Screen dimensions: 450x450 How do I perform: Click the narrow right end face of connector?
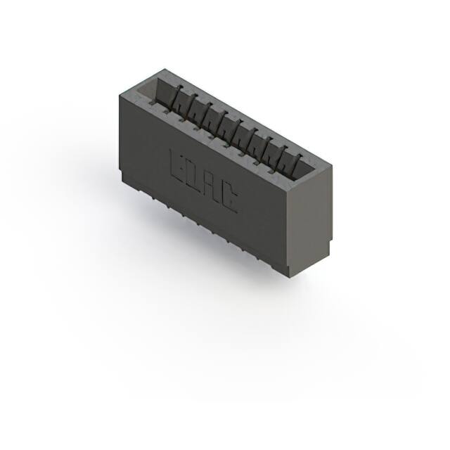coord(309,218)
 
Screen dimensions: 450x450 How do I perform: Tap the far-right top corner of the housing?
coord(330,166)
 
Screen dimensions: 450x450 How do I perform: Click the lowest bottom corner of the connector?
coord(289,274)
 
